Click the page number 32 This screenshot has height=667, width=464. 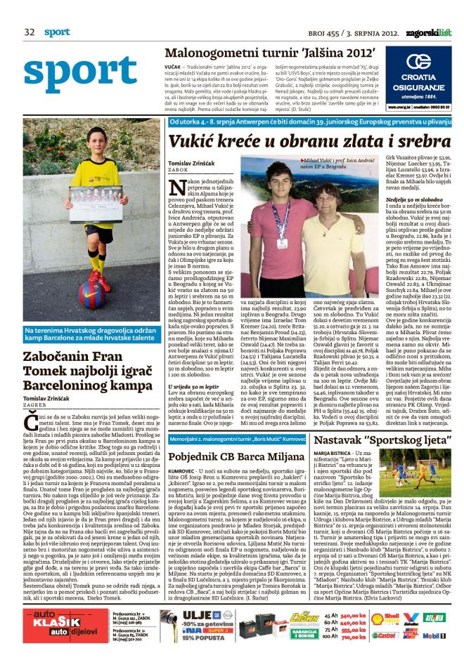pyautogui.click(x=30, y=32)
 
